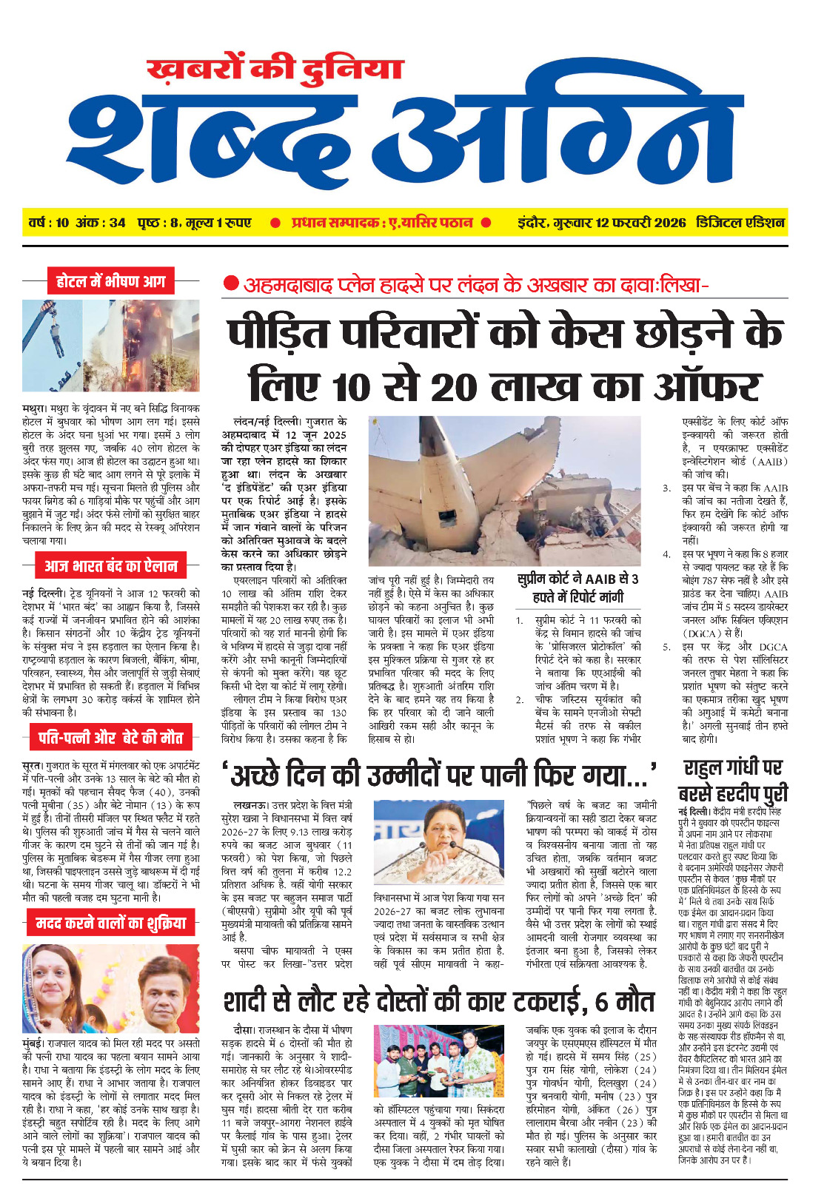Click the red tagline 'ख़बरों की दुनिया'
(x=275, y=69)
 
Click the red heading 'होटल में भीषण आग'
(x=110, y=282)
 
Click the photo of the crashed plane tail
(x=504, y=491)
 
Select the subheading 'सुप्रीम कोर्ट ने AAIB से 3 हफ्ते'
(x=577, y=588)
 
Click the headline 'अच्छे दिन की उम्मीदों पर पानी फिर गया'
(x=440, y=775)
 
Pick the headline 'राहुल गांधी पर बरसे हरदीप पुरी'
(x=733, y=780)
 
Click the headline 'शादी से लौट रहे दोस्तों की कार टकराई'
(x=438, y=1002)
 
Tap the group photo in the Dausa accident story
(x=439, y=1061)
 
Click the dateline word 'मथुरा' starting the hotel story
(x=35, y=408)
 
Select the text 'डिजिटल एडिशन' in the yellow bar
(x=740, y=223)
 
